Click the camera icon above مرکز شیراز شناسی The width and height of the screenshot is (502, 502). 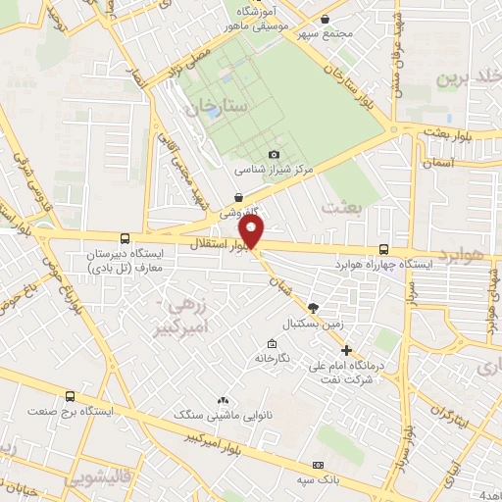click(274, 154)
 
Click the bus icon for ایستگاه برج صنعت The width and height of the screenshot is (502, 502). click(70, 397)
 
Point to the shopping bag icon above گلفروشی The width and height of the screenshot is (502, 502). click(238, 197)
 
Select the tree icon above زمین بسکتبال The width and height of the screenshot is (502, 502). click(313, 307)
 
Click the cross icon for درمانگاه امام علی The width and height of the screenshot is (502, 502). click(345, 350)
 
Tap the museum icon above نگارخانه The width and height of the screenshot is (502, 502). click(272, 343)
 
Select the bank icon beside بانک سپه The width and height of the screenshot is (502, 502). click(317, 464)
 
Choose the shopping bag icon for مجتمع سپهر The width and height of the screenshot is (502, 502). click(326, 19)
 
